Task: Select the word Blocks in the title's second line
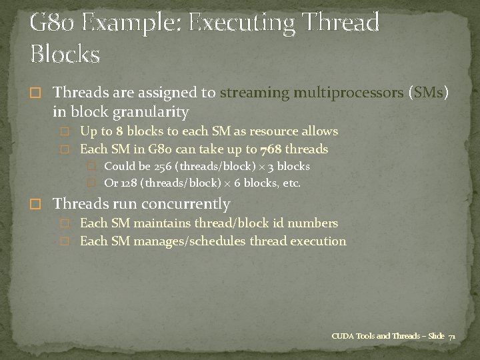[65, 53]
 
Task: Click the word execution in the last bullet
[318, 241]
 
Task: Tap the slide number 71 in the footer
[452, 336]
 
